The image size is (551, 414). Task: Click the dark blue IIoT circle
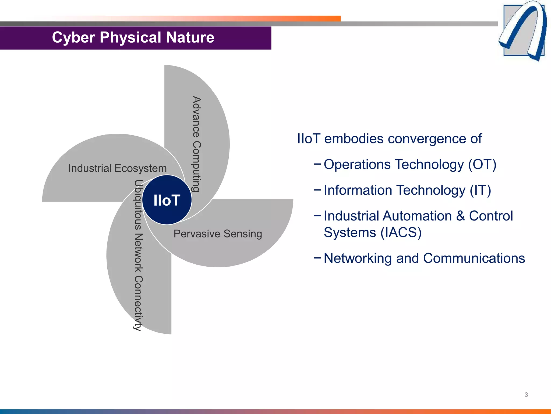coord(167,200)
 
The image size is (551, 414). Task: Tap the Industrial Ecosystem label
coord(117,168)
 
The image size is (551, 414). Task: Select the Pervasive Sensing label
coord(218,233)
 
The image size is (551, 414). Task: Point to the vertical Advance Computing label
coord(197,144)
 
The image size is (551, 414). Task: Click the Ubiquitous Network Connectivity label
coord(138,255)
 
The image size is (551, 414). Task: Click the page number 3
coord(526,395)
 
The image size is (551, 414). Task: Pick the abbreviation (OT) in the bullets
coord(482,164)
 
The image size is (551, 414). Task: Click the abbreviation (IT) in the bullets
coord(480,190)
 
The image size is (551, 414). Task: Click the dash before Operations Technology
coord(317,164)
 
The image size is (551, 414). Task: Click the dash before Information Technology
coord(317,189)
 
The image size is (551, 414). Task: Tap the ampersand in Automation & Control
coord(460,216)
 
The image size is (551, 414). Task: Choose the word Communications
coord(474,258)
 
